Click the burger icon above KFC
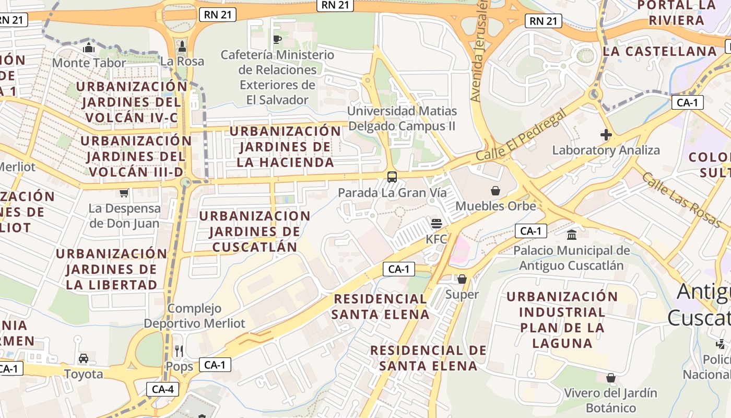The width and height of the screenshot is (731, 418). click(x=437, y=224)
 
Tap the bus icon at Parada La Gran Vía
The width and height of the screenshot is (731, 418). click(x=392, y=177)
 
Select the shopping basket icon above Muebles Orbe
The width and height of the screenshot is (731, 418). click(x=496, y=191)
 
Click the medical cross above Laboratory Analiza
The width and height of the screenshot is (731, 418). click(x=606, y=135)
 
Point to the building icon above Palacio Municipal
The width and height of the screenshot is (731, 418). click(x=572, y=235)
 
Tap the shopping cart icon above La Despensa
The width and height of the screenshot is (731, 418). click(x=124, y=193)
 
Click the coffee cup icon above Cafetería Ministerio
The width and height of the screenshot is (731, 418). click(x=277, y=39)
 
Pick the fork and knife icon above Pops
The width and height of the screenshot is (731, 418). click(x=179, y=351)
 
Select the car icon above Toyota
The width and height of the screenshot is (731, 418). click(x=84, y=358)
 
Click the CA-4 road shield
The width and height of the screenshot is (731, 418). click(x=162, y=389)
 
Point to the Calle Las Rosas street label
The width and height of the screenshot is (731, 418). click(x=681, y=200)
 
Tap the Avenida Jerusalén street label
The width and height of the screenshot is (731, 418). click(x=479, y=51)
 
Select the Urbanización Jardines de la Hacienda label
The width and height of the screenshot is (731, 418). click(x=285, y=146)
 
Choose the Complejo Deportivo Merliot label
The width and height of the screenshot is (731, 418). click(x=194, y=316)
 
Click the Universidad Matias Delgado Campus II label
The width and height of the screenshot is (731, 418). click(x=402, y=119)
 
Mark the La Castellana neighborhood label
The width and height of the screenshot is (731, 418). click(x=660, y=51)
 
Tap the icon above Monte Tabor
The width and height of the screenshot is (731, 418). click(x=88, y=48)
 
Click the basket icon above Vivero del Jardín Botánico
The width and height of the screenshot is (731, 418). click(x=610, y=377)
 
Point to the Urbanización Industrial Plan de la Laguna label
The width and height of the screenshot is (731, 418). click(x=562, y=320)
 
